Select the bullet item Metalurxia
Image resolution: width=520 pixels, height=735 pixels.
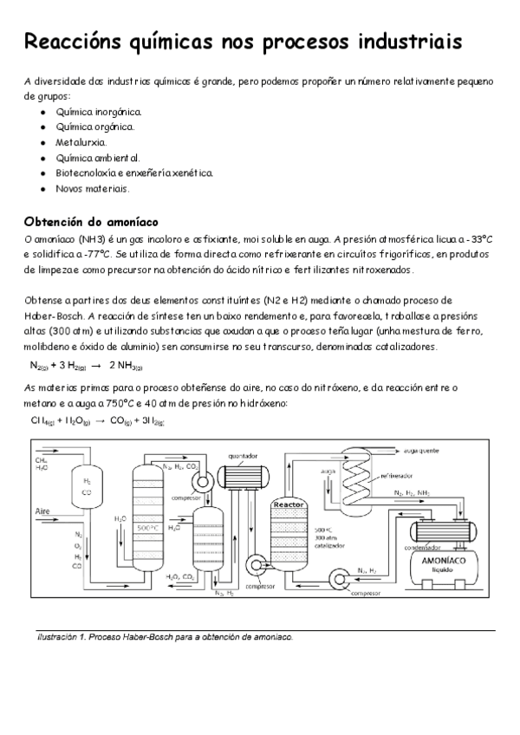tap(81, 141)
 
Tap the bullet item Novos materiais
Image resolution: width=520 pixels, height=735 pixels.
tap(92, 188)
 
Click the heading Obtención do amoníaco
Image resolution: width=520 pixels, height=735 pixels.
tap(91, 221)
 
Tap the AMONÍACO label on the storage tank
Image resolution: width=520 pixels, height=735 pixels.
tap(441, 560)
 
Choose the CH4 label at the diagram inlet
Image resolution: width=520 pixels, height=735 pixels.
tap(41, 460)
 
